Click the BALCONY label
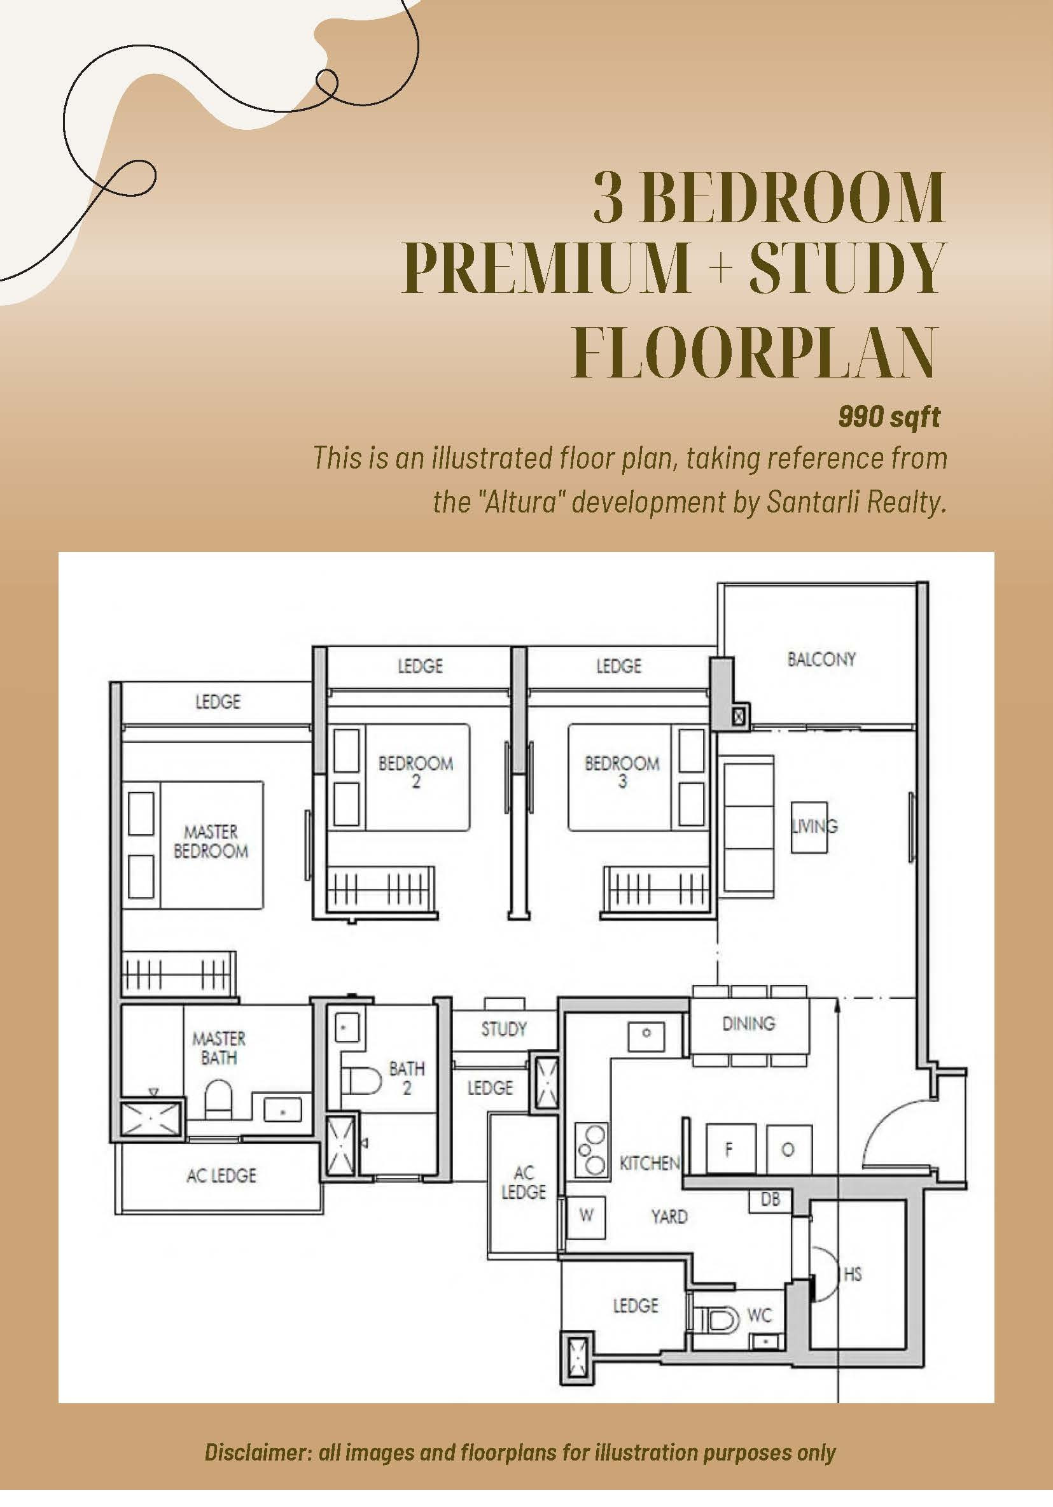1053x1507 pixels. pos(821,659)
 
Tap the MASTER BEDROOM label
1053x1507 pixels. pos(211,842)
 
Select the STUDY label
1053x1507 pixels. pos(504,1028)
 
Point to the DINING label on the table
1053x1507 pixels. pos(749,1022)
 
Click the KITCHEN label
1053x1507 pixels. pos(650,1163)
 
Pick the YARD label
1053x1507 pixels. pos(669,1216)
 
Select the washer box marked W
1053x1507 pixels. pos(585,1215)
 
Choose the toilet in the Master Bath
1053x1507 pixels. pos(219,1100)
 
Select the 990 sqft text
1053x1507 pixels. pos(889,417)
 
